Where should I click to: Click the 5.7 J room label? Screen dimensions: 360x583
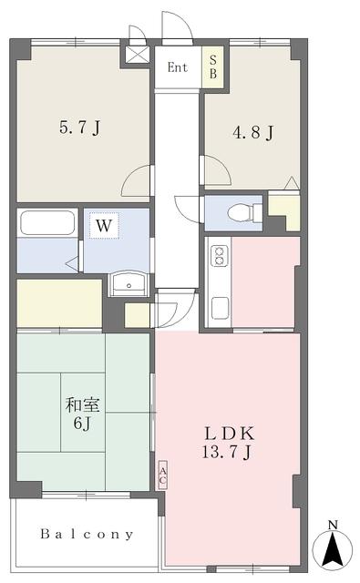80,128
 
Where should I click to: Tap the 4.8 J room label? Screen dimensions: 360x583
253,132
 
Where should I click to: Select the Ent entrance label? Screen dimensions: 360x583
178,67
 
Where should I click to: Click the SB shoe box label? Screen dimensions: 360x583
213,66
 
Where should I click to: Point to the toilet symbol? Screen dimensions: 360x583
245,212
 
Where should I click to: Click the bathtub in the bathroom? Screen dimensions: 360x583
47,222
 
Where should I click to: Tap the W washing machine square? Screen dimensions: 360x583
104,225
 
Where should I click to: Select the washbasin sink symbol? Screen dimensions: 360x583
129,283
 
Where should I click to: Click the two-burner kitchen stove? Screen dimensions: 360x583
220,256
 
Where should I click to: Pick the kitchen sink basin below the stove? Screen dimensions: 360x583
220,308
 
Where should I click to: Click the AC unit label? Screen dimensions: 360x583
163,476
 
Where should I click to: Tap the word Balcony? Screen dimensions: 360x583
87,535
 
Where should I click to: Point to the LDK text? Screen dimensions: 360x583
231,434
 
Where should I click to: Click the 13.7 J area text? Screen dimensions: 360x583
227,452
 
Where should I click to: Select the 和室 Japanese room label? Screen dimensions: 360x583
83,404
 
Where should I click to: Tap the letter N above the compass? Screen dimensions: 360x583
333,525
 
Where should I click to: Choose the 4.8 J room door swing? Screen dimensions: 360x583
217,170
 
